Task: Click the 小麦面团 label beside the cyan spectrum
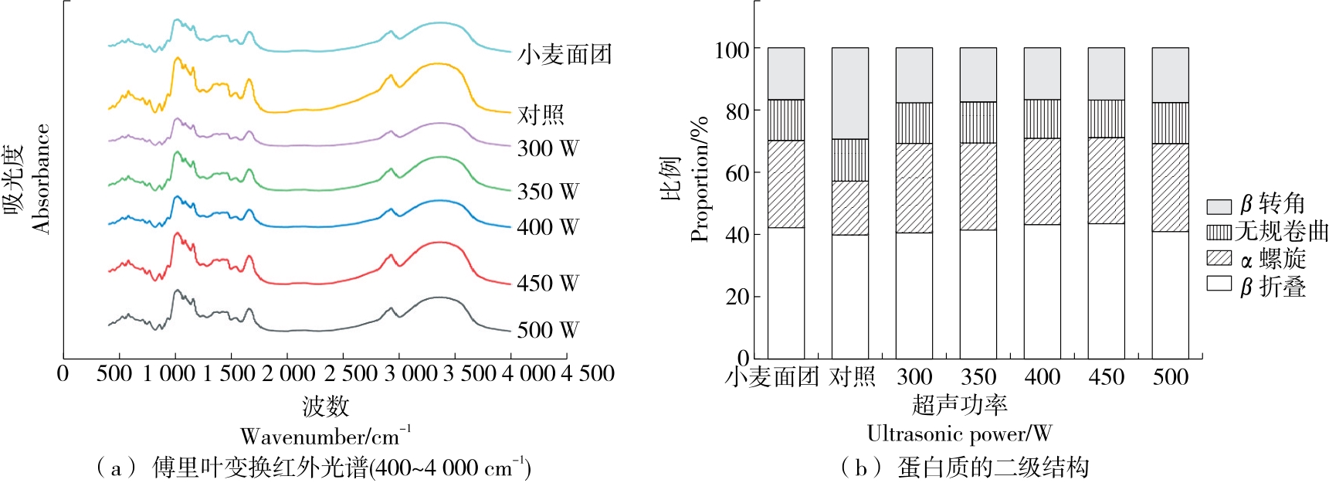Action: point(564,54)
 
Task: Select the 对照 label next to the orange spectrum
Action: point(541,114)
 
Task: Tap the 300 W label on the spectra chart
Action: point(548,148)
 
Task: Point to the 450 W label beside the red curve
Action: point(548,283)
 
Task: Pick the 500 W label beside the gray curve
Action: point(548,330)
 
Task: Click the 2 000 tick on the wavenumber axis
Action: point(288,374)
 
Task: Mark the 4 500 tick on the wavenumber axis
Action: point(588,374)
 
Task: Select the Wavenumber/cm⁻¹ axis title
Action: point(325,436)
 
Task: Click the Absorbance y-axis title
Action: point(40,179)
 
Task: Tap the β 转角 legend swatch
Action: point(1219,206)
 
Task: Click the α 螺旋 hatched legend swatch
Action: point(1219,257)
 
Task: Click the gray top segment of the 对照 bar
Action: point(849,94)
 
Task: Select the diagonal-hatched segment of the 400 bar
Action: point(1042,182)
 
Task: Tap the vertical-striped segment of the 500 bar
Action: point(1170,123)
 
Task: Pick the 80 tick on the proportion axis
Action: point(737,111)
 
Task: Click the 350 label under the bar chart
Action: point(978,377)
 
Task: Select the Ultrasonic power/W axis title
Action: point(959,434)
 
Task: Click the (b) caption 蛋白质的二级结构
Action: point(992,468)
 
